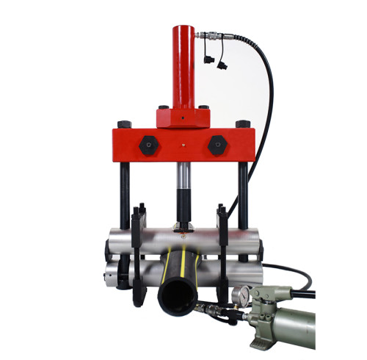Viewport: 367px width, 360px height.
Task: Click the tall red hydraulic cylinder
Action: [x=183, y=66]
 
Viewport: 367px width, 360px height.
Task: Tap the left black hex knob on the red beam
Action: [x=146, y=144]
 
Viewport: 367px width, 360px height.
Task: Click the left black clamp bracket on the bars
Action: [x=135, y=250]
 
